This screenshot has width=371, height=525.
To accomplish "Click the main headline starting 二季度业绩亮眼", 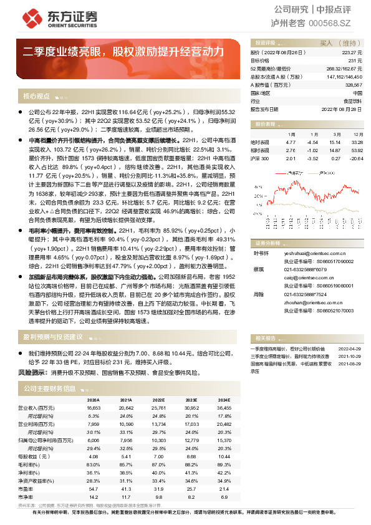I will [x=124, y=52].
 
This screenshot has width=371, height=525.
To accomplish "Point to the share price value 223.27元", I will [x=352, y=54].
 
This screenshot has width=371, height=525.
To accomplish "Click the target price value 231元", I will [x=356, y=61].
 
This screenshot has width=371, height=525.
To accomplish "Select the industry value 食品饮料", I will [x=353, y=100].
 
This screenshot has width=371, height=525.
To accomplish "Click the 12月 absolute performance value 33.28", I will [x=357, y=142].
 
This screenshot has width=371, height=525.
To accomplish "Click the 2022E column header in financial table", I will [x=158, y=400].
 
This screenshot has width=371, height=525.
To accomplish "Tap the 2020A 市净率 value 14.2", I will [x=94, y=496].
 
